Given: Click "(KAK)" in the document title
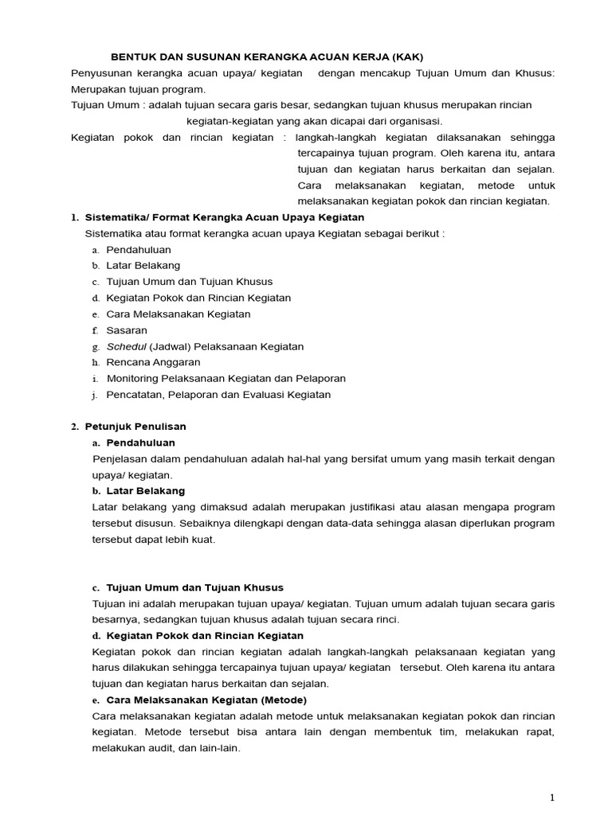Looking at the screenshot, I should click(406, 57).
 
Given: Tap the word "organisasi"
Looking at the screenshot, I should click(414, 121).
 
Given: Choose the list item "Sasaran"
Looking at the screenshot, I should click(127, 330).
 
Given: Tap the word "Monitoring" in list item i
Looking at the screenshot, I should click(133, 379).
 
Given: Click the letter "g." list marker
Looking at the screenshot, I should click(96, 347).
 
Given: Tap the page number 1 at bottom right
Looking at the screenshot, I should click(551, 797).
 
